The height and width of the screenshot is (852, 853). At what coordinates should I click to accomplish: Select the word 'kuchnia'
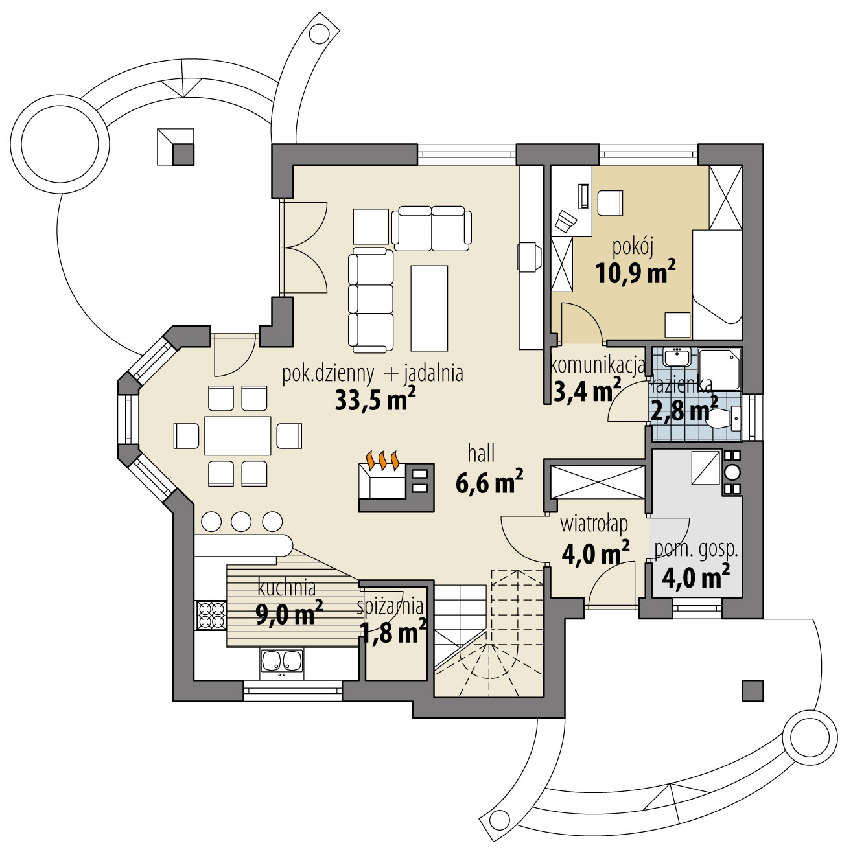(286, 588)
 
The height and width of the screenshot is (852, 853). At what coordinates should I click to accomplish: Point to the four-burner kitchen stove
(211, 615)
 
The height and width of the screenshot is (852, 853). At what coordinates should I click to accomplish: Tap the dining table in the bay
(237, 436)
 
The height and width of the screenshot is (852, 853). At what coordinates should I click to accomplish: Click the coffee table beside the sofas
(429, 308)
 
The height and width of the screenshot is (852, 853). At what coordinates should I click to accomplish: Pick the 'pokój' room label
(631, 247)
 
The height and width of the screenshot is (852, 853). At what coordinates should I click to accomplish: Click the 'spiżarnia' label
(390, 607)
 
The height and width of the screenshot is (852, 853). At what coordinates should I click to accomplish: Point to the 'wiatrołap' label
(594, 524)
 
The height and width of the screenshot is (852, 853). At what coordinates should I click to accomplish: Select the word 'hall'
(481, 454)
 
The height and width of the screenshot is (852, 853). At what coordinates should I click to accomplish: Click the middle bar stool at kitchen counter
(241, 521)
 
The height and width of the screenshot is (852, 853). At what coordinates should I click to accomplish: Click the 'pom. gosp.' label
(695, 550)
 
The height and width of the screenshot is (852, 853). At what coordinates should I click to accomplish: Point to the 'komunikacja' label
(597, 366)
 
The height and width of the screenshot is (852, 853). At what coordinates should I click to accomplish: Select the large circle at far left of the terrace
(60, 141)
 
